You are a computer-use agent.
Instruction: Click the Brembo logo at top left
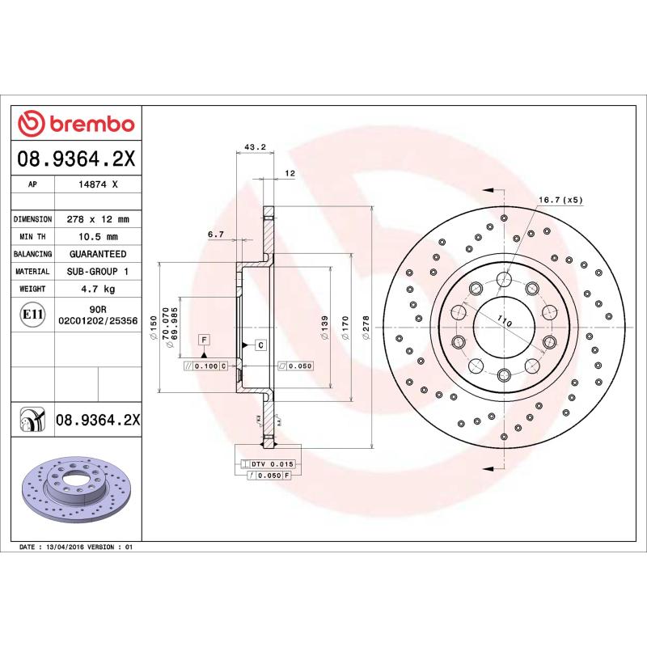click(77, 124)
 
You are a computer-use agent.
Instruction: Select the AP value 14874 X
click(98, 184)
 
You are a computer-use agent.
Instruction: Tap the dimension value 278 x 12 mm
click(97, 219)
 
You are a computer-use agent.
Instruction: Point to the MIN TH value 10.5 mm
click(97, 237)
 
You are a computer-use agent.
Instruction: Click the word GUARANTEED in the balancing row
click(97, 254)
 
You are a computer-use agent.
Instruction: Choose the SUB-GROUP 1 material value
click(97, 272)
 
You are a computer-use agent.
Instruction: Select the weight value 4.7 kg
click(97, 289)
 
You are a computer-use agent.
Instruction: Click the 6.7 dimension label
click(215, 235)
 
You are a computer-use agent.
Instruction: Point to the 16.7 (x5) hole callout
click(560, 200)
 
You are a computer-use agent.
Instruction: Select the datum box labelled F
click(204, 339)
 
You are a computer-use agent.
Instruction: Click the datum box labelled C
click(260, 345)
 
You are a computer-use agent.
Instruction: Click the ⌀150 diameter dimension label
click(153, 331)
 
